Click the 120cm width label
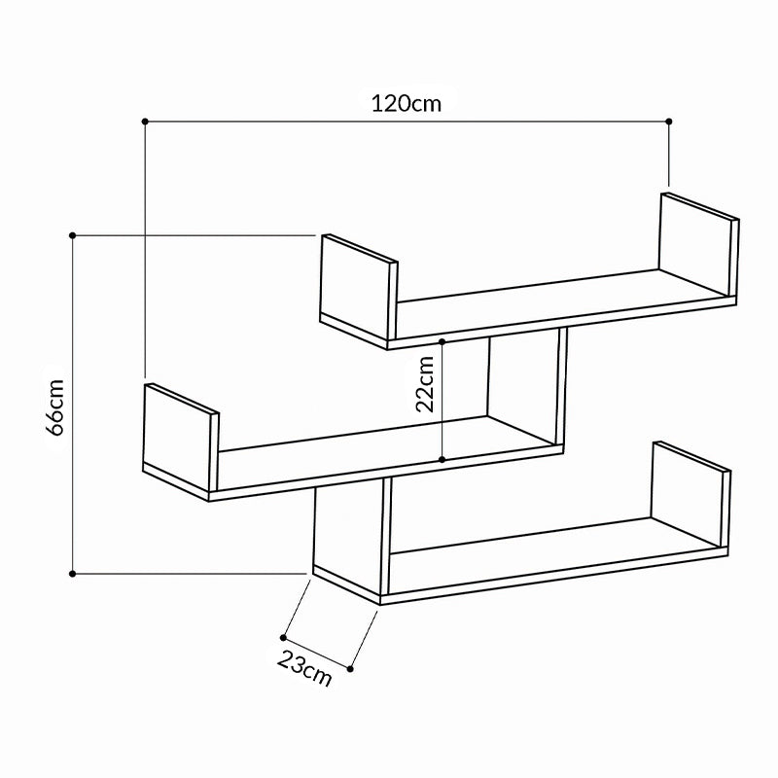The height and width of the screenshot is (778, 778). click(x=406, y=102)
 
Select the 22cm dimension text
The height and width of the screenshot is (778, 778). click(x=425, y=385)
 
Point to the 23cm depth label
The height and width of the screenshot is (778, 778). click(x=304, y=668)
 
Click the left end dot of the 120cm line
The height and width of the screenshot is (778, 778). click(x=145, y=121)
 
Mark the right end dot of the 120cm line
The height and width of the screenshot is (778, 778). click(x=669, y=121)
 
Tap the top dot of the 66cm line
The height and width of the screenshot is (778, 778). click(x=73, y=234)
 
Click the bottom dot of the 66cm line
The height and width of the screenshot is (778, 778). click(x=73, y=574)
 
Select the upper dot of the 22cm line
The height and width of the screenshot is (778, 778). click(x=442, y=341)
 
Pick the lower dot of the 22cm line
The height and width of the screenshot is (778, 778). click(x=442, y=459)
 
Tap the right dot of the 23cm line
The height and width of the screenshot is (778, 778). click(x=350, y=668)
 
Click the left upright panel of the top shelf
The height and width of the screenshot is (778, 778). click(x=358, y=289)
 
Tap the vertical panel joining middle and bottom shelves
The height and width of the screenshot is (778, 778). click(x=350, y=530)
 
